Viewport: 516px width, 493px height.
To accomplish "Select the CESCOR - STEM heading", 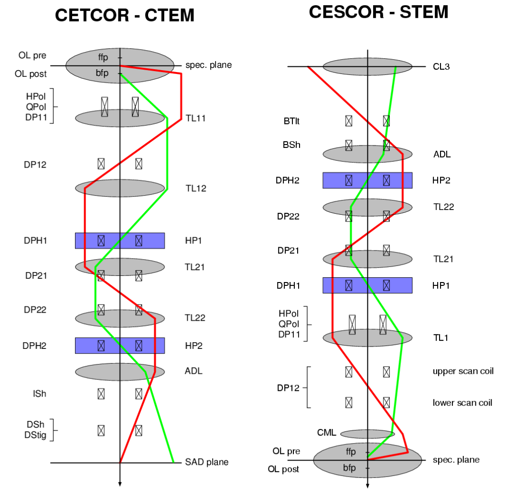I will [x=378, y=11].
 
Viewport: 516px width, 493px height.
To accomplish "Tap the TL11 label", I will [x=195, y=118].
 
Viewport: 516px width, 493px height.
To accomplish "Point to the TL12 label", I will [x=195, y=188].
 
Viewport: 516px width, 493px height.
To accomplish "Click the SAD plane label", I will [x=206, y=462].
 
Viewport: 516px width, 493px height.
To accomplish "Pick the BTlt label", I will [x=291, y=121].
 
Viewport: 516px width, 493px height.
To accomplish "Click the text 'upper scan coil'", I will [x=463, y=371].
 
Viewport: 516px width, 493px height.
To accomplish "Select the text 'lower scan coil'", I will [x=462, y=403].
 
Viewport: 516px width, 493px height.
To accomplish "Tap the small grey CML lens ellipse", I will [x=367, y=434].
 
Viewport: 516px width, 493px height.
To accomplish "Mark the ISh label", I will [x=40, y=393].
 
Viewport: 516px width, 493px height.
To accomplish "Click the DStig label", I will [x=36, y=435].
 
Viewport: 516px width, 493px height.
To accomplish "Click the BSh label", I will [x=291, y=145].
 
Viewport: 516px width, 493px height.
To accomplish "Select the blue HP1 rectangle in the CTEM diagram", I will [x=119, y=241].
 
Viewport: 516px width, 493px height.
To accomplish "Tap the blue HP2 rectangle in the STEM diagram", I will [x=367, y=180].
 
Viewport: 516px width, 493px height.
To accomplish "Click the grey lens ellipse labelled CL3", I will [x=367, y=66].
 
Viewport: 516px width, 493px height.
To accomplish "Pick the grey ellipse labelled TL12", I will [x=119, y=188].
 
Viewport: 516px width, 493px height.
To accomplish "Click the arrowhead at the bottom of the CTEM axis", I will [x=119, y=484].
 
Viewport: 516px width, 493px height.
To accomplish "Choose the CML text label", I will [x=327, y=433].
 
